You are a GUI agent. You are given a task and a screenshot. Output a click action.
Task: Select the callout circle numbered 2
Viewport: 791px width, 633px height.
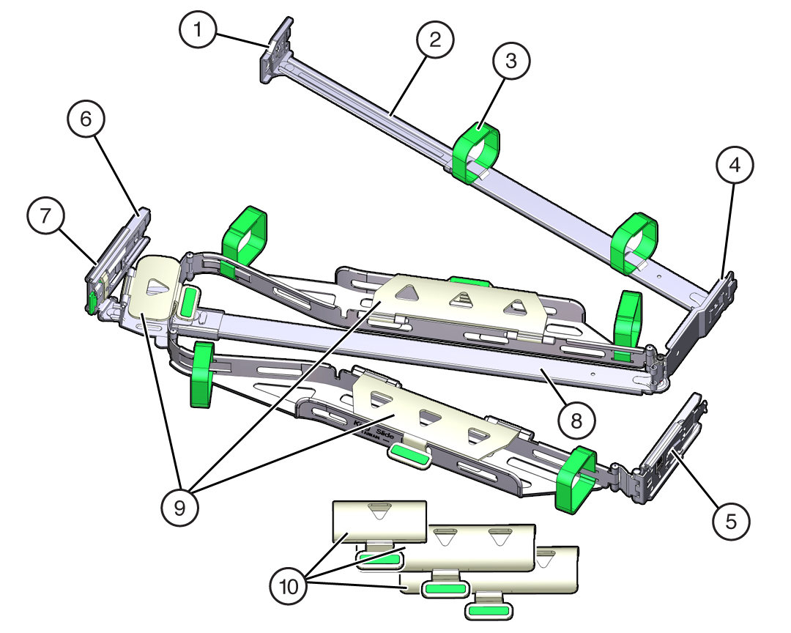434,41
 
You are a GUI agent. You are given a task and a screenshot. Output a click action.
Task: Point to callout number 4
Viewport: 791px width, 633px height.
734,166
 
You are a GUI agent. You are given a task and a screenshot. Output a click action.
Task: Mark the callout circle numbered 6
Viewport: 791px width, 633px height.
87,119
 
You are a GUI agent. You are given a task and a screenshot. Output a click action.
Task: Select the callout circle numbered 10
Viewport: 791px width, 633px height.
291,586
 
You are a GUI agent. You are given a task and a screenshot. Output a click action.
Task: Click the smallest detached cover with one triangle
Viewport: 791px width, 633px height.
379,520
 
